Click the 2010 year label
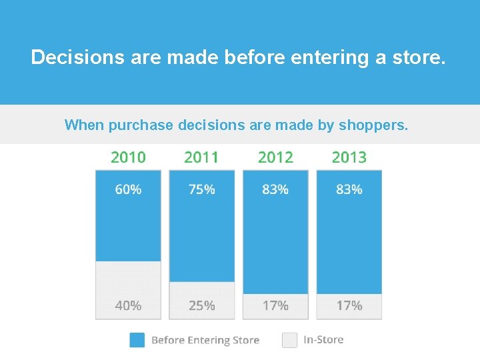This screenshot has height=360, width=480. [128, 157]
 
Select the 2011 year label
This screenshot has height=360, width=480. [201, 157]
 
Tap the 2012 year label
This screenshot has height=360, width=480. [275, 157]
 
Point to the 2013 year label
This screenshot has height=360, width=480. [349, 157]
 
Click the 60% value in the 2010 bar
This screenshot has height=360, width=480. [128, 189]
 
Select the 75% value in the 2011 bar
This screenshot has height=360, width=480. [201, 189]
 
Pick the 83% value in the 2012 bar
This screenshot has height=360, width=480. [275, 189]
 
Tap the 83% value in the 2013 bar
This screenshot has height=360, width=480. [349, 189]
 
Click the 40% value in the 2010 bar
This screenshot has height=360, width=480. [128, 305]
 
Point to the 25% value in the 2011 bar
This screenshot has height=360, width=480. [201, 305]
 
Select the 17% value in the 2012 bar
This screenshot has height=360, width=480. [275, 305]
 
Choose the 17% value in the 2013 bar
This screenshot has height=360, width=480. [349, 305]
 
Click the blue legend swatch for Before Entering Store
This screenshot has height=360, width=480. [137, 340]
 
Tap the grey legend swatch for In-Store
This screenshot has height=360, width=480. [289, 340]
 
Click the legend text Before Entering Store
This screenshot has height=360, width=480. [205, 340]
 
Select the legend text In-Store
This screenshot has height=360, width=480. [323, 340]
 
